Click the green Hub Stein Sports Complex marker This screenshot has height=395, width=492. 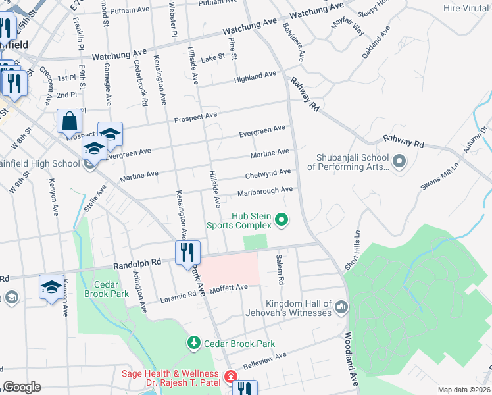(282, 220)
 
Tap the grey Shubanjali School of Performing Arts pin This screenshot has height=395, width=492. (399, 161)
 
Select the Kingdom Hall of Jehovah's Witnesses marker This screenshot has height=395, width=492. (341, 307)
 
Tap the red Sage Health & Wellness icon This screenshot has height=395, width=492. (229, 377)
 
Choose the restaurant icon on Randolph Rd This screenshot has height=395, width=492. (187, 253)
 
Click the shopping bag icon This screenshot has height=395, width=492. (70, 122)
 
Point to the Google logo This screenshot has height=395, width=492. (22, 386)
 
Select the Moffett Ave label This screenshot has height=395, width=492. (228, 288)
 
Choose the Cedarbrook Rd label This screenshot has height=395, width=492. (140, 78)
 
